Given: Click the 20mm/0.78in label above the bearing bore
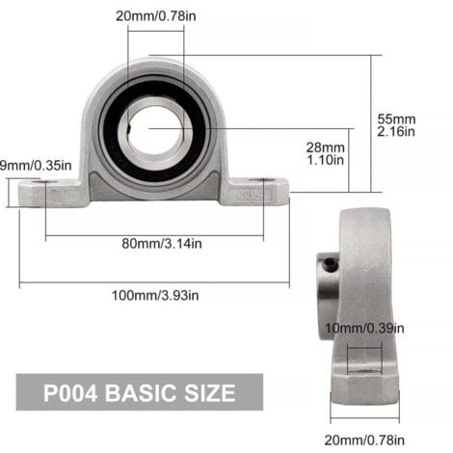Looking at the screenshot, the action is [x=156, y=16].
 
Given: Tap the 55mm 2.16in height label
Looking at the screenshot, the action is [x=396, y=125].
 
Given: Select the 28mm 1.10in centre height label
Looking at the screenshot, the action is [x=325, y=153].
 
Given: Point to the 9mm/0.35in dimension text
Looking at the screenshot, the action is [x=36, y=166].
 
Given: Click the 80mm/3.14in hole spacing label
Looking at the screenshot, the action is [x=162, y=244].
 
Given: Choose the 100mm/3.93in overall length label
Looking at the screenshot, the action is [x=155, y=295].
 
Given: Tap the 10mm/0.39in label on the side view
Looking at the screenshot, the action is [x=364, y=329].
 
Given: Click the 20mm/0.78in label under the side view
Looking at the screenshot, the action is [x=364, y=440].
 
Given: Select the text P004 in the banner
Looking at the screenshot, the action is [x=70, y=393].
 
